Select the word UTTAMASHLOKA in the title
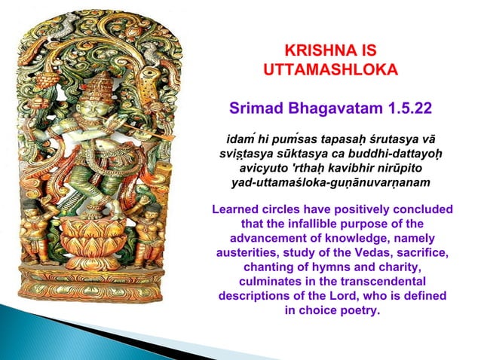[x=329, y=72]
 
